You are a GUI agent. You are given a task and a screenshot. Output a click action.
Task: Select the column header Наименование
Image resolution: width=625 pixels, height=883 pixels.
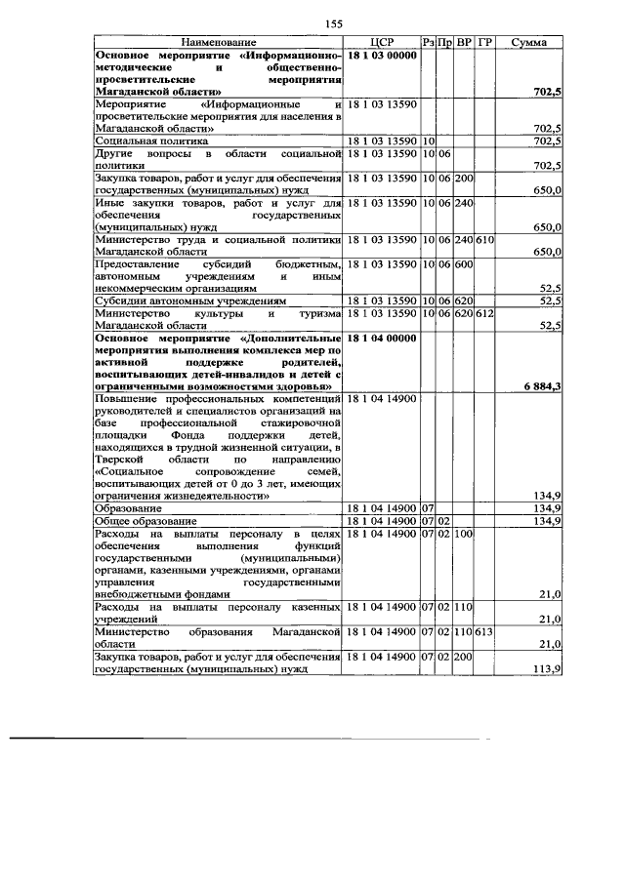point(219,43)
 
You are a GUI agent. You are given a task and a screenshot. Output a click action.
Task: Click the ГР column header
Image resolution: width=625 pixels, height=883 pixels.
point(485,43)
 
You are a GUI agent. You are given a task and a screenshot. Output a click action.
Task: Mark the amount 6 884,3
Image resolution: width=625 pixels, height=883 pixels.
point(538,386)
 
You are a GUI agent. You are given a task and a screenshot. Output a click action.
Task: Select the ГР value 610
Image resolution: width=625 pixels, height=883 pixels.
point(485,240)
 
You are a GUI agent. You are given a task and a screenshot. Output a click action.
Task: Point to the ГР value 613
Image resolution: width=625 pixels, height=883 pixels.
point(485,632)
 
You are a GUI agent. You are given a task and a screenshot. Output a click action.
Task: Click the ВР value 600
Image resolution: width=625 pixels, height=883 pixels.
point(464,263)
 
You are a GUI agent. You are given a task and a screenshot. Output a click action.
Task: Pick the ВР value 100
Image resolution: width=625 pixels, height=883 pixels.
point(464,535)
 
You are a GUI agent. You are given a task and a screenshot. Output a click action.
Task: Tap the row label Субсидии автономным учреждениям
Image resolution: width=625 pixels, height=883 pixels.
point(185,301)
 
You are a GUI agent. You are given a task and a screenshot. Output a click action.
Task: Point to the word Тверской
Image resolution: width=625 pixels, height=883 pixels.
point(118,458)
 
